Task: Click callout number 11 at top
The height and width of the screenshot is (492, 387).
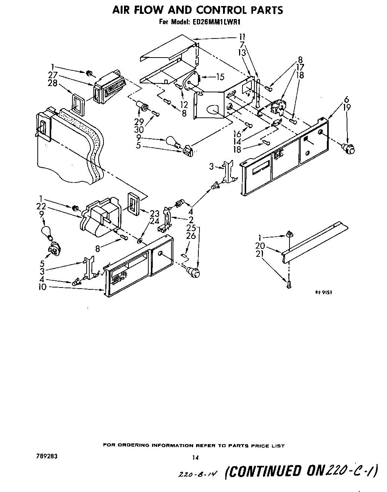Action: pyautogui.click(x=242, y=37)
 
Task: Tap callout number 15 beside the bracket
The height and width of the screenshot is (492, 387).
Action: pyautogui.click(x=220, y=77)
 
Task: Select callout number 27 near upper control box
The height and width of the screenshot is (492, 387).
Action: pyautogui.click(x=53, y=76)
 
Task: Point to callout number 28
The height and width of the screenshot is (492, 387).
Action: pyautogui.click(x=53, y=83)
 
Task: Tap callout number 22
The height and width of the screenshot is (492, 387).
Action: pyautogui.click(x=41, y=206)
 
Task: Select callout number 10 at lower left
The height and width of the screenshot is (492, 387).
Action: pyautogui.click(x=43, y=287)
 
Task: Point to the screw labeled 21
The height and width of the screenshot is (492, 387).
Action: pyautogui.click(x=289, y=285)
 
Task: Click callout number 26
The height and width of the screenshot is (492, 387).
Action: pyautogui.click(x=191, y=236)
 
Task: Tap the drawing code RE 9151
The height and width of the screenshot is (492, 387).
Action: pyautogui.click(x=323, y=293)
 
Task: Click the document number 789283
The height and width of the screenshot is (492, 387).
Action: pyautogui.click(x=44, y=456)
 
